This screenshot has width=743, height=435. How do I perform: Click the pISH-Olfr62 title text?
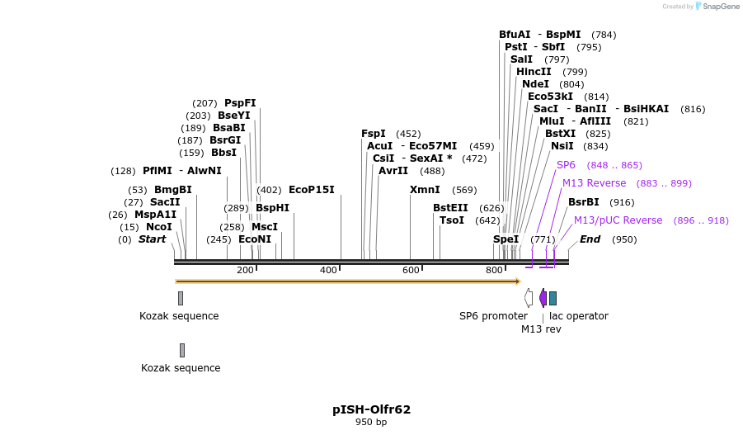371,409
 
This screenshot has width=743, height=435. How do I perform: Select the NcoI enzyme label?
159,227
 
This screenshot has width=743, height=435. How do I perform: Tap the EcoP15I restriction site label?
311,190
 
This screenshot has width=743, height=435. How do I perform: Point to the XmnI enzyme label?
425,190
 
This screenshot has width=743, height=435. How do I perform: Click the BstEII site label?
450,208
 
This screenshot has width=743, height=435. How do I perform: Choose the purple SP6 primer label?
566,165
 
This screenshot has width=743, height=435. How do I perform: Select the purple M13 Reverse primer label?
594,183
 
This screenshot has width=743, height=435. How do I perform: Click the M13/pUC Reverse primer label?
618,220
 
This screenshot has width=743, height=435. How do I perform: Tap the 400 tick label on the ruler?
328,271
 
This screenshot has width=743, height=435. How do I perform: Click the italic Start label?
152,239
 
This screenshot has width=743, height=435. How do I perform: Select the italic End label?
590,239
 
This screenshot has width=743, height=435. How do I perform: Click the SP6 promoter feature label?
493,316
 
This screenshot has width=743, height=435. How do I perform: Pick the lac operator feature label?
579,316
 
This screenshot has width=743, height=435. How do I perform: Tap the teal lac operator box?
553,298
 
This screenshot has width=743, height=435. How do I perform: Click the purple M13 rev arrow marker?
543,298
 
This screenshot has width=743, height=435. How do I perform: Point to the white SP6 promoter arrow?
529,298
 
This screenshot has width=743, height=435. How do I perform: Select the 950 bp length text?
371,423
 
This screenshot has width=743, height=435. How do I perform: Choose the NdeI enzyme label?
535,84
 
